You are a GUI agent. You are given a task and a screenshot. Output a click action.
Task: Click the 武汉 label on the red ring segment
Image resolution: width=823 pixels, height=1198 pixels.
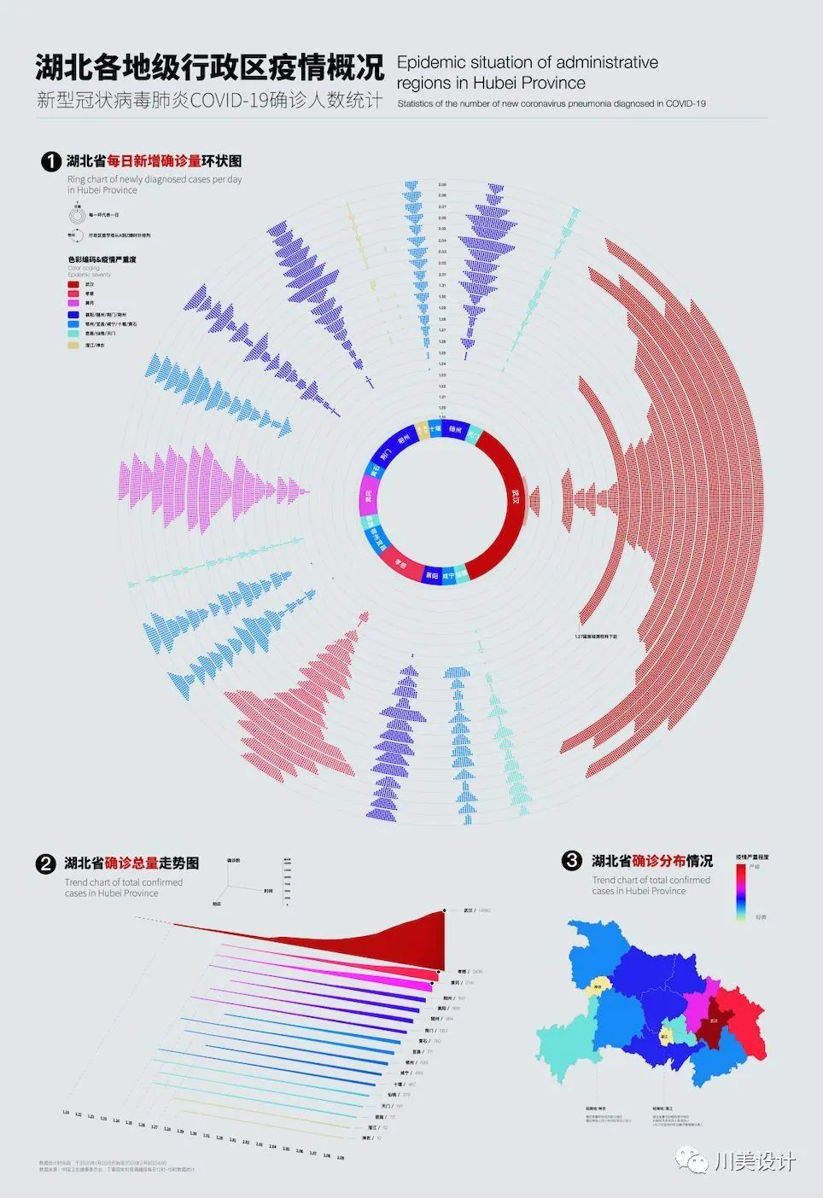(515, 497)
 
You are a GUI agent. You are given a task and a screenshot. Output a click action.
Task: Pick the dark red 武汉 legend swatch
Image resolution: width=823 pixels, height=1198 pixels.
(74, 284)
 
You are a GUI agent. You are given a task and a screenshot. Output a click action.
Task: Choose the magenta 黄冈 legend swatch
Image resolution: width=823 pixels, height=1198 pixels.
(74, 303)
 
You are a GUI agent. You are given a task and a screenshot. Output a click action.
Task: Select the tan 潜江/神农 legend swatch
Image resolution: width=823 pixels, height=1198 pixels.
(74, 345)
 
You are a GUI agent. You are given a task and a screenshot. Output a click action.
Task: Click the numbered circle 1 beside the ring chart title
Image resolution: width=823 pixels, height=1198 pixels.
(51, 161)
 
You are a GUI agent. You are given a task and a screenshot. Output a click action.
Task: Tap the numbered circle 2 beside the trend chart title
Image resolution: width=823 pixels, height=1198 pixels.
(46, 864)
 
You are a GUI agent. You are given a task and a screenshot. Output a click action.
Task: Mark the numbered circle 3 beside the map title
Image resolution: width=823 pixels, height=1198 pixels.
(572, 861)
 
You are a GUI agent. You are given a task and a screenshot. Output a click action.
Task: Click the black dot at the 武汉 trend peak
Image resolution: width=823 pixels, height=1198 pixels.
(444, 911)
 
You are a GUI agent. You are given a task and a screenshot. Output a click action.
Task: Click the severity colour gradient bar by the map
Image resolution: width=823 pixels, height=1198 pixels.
(740, 889)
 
